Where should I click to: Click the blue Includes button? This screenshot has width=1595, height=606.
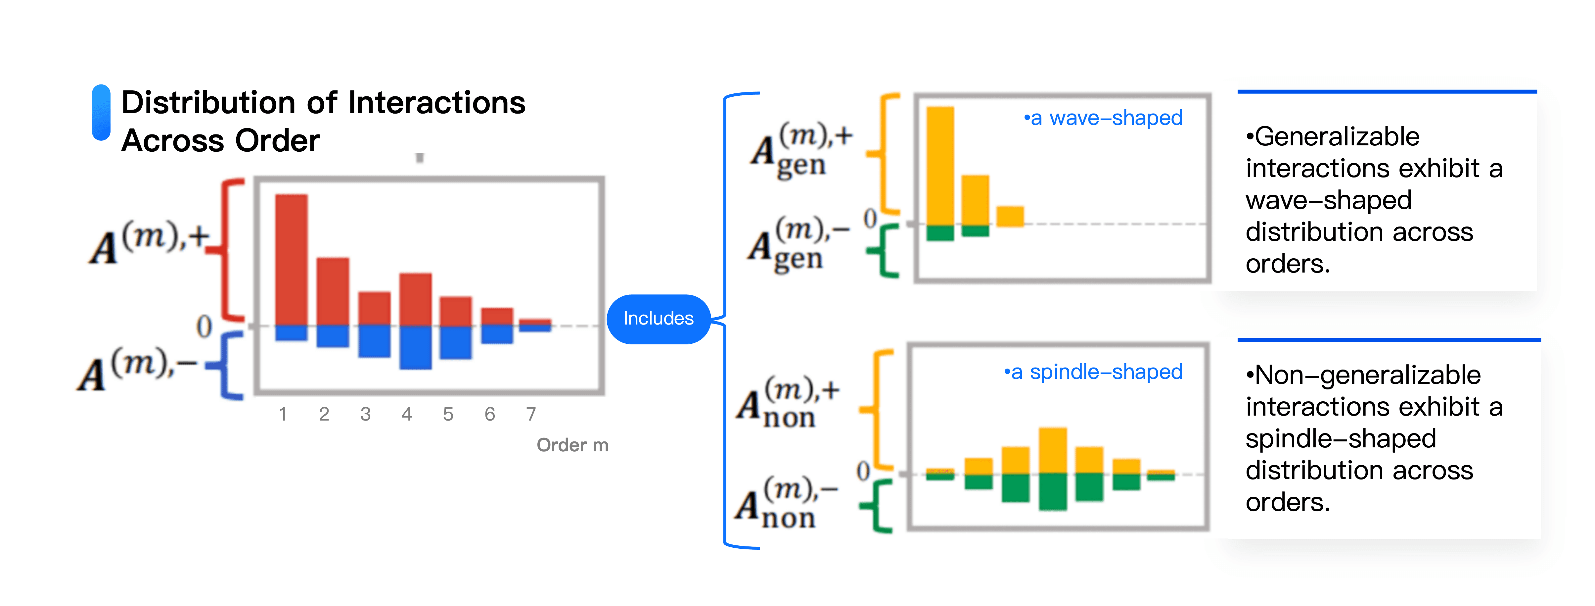658,319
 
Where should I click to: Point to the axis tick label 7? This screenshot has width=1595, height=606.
531,414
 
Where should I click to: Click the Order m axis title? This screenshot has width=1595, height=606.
572,445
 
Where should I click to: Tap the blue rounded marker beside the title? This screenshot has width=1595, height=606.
101,112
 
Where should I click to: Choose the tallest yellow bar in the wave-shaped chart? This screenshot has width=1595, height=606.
940,166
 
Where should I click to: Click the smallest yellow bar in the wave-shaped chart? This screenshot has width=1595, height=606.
1010,216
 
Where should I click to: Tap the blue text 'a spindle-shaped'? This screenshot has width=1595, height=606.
1093,372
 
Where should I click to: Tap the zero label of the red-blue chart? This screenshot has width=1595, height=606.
204,327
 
